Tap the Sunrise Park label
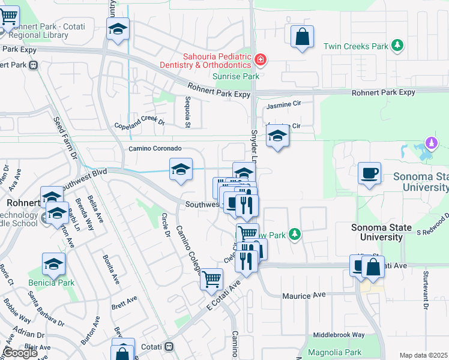[236, 76]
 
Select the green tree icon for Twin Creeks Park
[396, 46]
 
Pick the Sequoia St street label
[188, 112]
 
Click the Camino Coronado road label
[155, 148]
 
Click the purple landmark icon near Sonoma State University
[430, 143]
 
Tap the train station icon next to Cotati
[170, 347]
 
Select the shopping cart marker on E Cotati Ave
[212, 279]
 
